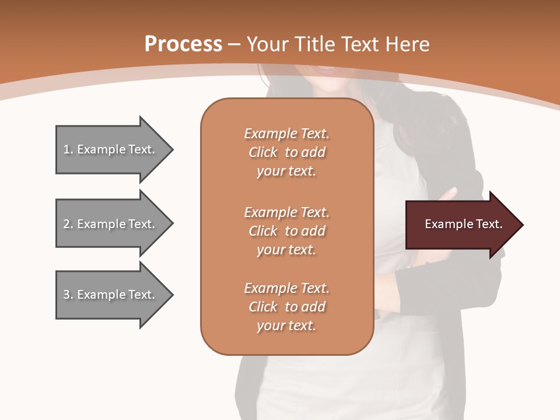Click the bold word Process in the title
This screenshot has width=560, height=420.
pyautogui.click(x=183, y=44)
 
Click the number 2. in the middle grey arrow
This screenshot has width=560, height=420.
pyautogui.click(x=68, y=224)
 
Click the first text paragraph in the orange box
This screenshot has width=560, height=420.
pyautogui.click(x=286, y=152)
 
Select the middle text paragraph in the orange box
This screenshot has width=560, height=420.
pyautogui.click(x=286, y=231)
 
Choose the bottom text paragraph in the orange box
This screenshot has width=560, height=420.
pyautogui.click(x=286, y=307)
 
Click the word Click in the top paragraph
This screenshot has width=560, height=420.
pyautogui.click(x=263, y=152)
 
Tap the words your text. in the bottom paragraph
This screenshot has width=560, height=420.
pyautogui.click(x=286, y=325)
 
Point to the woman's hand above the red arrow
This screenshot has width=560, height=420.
pyautogui.click(x=449, y=194)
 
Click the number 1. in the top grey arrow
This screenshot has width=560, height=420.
pyautogui.click(x=68, y=149)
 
